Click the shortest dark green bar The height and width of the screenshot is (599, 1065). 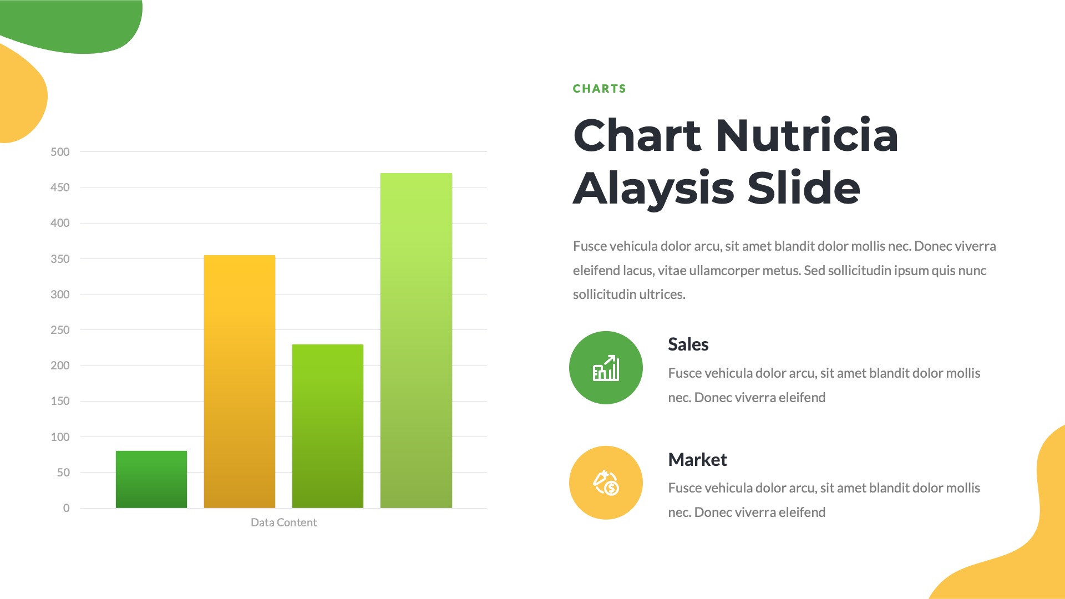tap(151, 479)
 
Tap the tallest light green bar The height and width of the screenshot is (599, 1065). tap(416, 341)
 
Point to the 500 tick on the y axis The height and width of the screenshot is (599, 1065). tap(60, 152)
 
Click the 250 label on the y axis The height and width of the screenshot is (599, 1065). tap(60, 330)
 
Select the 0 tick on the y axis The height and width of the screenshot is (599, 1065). tap(66, 508)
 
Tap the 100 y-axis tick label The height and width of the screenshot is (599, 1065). tap(60, 437)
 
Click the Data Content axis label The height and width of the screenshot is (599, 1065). tap(283, 522)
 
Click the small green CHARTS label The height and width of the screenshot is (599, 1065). tap(599, 89)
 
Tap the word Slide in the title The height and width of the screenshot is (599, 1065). tap(804, 189)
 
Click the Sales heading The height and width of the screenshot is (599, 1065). tap(688, 344)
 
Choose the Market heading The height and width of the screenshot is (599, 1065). tap(697, 460)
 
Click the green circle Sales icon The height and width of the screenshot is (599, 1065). tap(606, 368)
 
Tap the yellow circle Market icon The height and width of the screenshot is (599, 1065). tap(606, 483)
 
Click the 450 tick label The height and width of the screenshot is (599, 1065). tap(60, 187)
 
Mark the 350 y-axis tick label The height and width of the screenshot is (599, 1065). tap(60, 259)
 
